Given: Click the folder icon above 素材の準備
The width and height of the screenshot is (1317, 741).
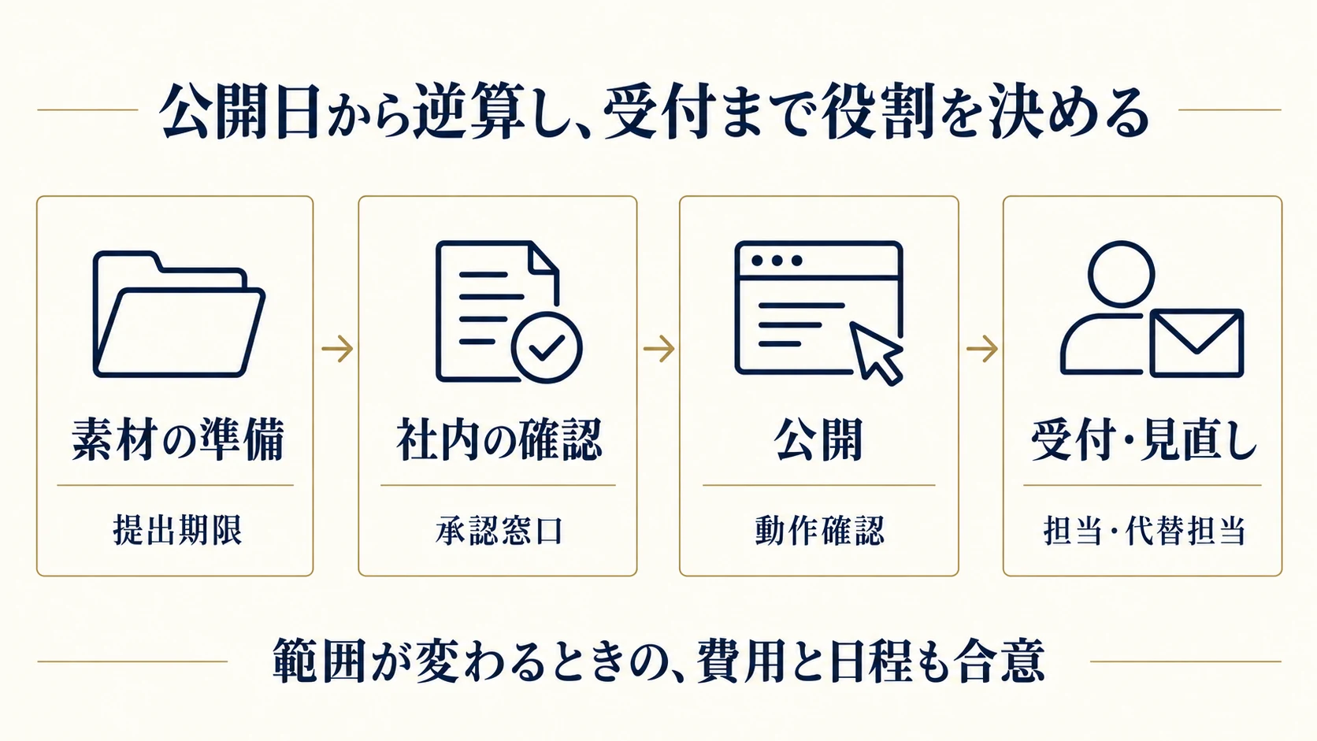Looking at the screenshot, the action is [x=179, y=314].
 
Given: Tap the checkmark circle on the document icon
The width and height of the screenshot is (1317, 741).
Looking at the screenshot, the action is [x=547, y=348].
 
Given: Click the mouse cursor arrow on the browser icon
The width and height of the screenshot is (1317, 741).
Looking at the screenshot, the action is [x=876, y=354].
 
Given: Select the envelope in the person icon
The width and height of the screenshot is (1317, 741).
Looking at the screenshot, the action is [x=1196, y=343].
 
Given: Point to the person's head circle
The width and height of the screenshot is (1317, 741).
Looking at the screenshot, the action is [x=1121, y=274].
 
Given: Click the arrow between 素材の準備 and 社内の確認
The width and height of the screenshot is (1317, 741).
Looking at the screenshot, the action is [x=337, y=349].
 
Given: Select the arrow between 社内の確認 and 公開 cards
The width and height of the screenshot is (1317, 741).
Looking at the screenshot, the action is [x=659, y=349].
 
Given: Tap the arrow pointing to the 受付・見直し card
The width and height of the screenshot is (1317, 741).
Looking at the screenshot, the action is [x=982, y=349].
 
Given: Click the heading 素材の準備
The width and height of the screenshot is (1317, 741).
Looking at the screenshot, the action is [x=178, y=439].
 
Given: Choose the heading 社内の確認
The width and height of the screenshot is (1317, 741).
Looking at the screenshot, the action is [x=499, y=439].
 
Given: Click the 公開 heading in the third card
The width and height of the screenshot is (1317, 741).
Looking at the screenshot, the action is [x=818, y=439].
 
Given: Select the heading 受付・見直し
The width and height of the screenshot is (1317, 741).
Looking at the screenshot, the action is [x=1144, y=439].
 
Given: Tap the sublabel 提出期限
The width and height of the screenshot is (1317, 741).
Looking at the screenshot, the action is [x=177, y=530].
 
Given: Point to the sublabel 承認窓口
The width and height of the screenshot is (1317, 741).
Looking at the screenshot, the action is [x=499, y=530].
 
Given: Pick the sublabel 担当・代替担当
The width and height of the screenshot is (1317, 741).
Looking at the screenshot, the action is [x=1144, y=530].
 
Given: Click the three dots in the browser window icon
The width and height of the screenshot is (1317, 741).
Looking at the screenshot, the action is [x=777, y=261].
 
